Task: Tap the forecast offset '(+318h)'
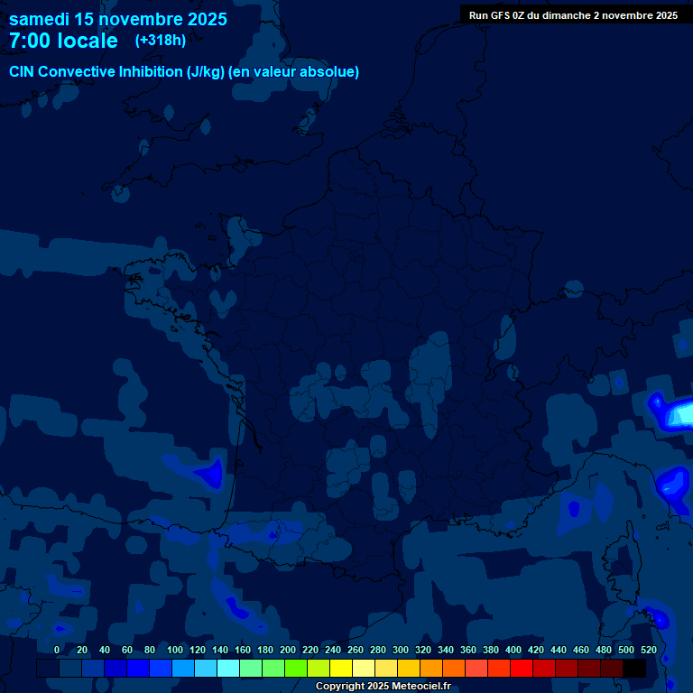(x=161, y=40)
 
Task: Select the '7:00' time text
(x=29, y=41)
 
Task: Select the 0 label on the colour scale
(x=57, y=650)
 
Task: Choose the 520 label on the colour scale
(x=648, y=650)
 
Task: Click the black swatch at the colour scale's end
(x=634, y=668)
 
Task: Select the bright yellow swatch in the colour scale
(x=341, y=668)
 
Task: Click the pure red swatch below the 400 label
(x=522, y=668)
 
